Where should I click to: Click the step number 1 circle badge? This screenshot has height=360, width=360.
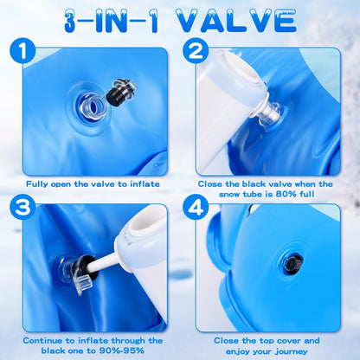[x=22, y=51]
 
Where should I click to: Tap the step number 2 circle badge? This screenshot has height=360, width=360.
[x=196, y=51]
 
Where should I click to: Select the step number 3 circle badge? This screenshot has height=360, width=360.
[x=22, y=207]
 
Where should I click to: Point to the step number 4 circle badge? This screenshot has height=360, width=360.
[x=196, y=207]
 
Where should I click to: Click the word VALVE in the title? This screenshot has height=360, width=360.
[x=236, y=21]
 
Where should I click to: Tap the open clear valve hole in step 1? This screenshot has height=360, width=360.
[x=91, y=107]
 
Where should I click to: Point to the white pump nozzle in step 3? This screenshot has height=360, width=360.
[x=107, y=261]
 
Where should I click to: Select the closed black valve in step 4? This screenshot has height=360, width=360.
[x=292, y=263]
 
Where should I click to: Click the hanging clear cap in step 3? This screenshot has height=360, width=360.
[x=84, y=284]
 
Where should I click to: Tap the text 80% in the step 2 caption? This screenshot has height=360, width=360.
[x=286, y=194]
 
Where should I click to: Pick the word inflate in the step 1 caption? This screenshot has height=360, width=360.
[x=145, y=184]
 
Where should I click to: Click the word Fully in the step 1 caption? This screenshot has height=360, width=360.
[x=37, y=184]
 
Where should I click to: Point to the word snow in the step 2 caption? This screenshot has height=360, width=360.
[x=229, y=195]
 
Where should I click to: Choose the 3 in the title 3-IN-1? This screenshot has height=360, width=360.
[x=71, y=21]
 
